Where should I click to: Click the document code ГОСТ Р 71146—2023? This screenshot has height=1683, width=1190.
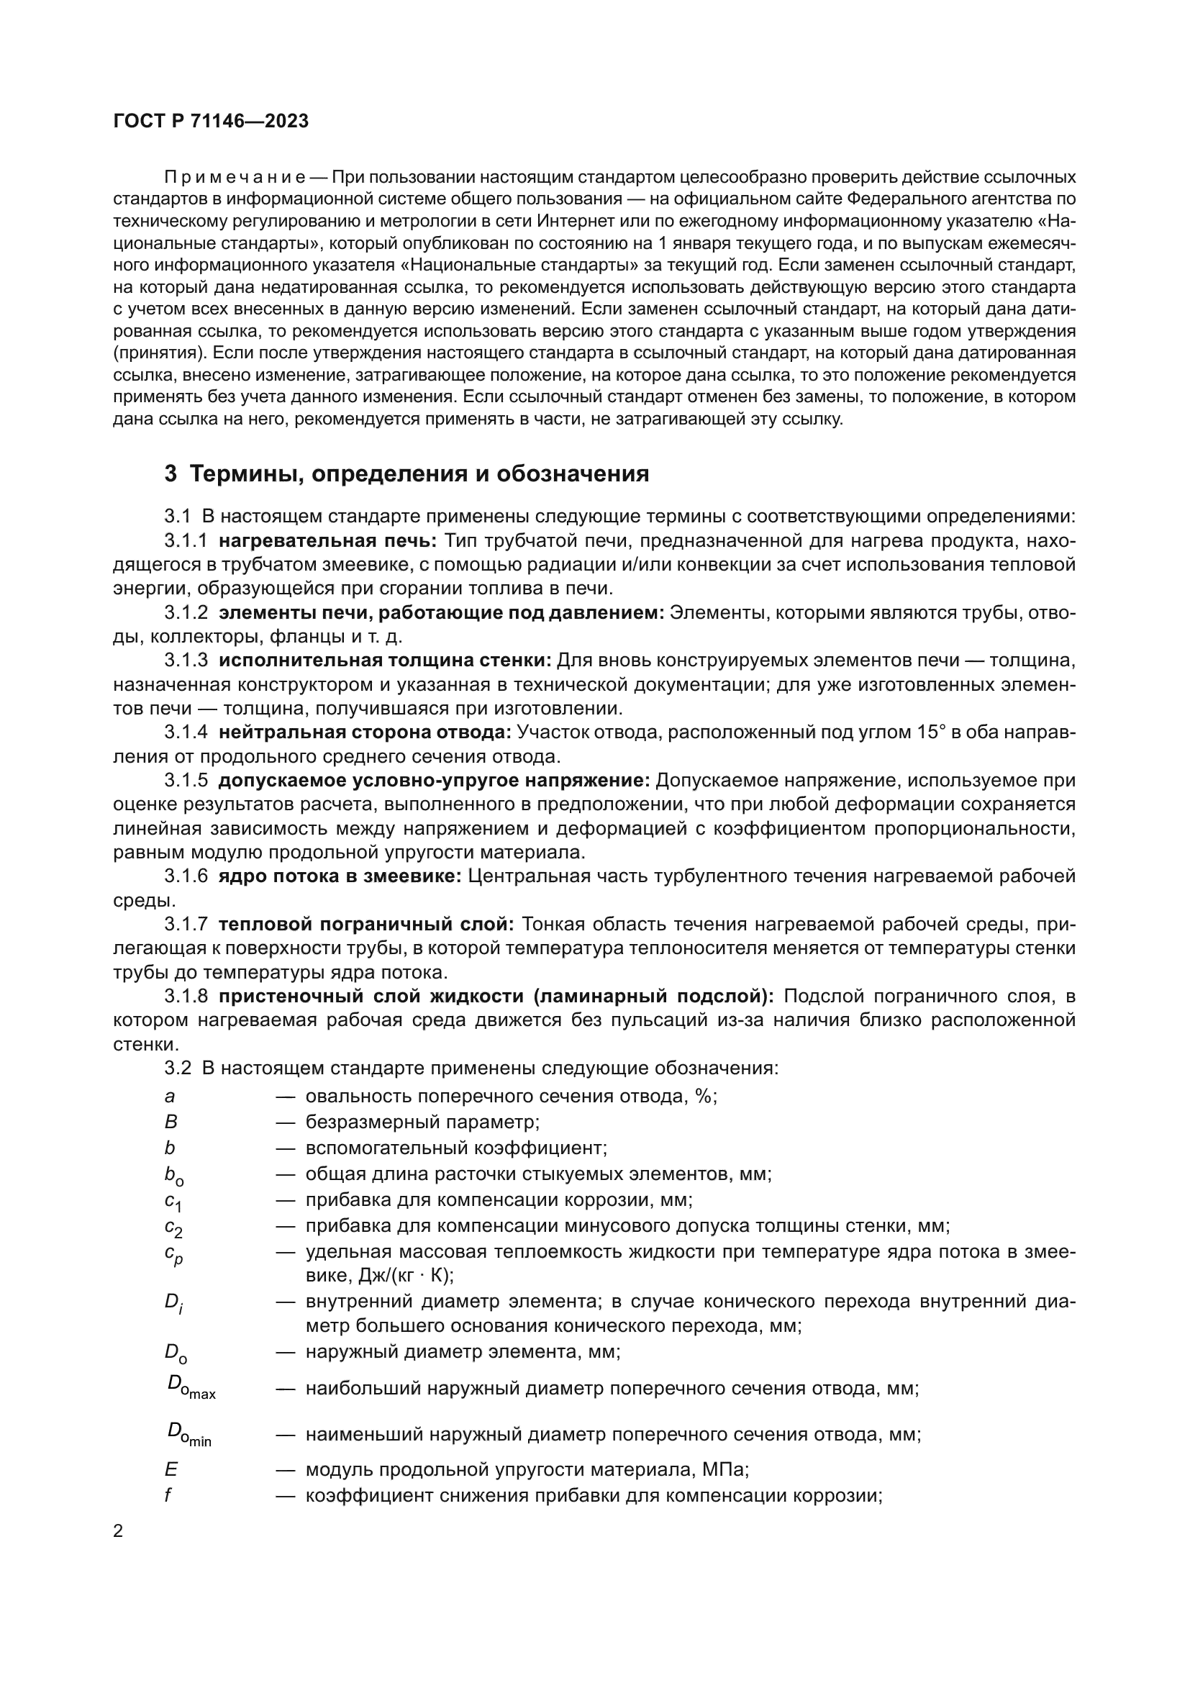coord(211,122)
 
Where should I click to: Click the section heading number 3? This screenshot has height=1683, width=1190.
coord(170,474)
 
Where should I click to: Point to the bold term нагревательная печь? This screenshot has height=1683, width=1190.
coord(327,542)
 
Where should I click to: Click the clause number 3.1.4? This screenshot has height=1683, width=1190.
coord(186,732)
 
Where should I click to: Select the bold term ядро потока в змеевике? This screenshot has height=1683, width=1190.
coord(340,876)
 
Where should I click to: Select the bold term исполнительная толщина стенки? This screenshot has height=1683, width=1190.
coord(385,661)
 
